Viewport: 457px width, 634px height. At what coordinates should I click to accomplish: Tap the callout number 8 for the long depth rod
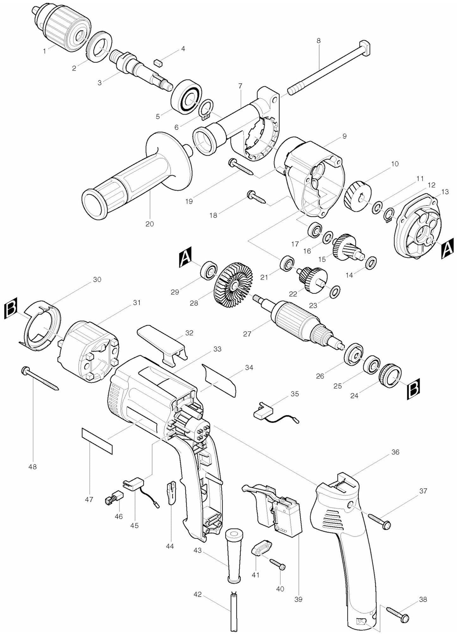[x=318, y=41]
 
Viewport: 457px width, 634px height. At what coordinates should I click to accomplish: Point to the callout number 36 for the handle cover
[x=395, y=452]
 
